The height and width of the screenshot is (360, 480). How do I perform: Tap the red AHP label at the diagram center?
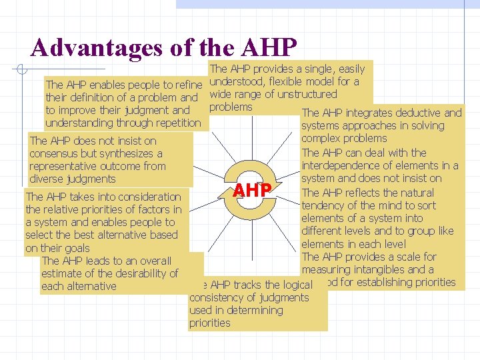tap(252, 191)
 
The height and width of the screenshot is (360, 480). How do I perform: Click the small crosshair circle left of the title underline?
tap(21, 69)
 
